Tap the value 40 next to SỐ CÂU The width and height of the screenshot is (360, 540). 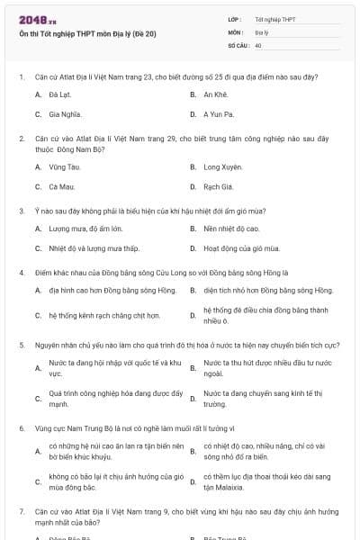(258, 44)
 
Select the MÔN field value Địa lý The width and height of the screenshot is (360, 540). (262, 31)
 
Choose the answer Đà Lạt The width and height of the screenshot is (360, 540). (60, 94)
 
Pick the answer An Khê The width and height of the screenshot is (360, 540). (214, 94)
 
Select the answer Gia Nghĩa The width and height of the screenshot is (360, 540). (65, 114)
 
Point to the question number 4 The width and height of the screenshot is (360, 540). (21, 272)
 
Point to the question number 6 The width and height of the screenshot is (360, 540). (21, 428)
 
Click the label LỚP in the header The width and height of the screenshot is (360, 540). (235, 19)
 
